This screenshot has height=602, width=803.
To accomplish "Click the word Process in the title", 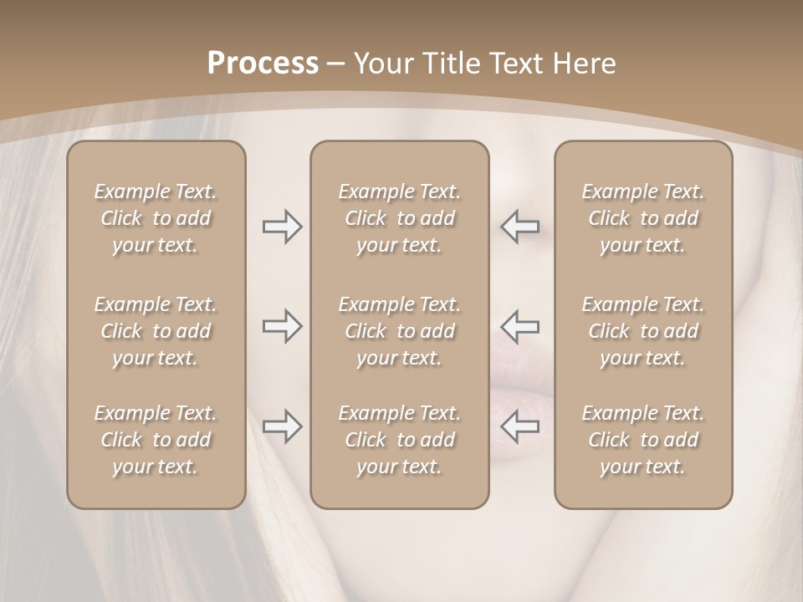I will (x=263, y=64).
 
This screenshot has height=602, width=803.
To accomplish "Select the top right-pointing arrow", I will (x=283, y=227).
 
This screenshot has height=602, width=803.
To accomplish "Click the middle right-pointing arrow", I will (x=283, y=326).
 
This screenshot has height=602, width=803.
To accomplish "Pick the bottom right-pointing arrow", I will (x=283, y=427).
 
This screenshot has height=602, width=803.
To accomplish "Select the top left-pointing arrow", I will (x=520, y=227).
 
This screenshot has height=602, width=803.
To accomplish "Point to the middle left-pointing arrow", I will (x=520, y=326).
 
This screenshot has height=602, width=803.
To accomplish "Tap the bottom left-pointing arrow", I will (x=520, y=427).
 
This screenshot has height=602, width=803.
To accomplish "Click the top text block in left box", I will (x=156, y=218).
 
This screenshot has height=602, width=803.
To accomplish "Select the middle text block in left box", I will (x=156, y=331).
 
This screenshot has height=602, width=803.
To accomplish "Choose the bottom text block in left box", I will (x=156, y=440).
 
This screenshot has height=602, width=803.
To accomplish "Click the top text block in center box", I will (x=399, y=218).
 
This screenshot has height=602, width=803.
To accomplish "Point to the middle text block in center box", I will (x=399, y=331).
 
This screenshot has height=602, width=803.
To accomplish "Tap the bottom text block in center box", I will (x=399, y=440).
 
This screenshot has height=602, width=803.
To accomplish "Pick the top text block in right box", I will (x=642, y=218).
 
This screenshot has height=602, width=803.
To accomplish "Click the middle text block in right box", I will (x=642, y=331).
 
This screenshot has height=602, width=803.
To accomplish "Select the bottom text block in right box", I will (x=642, y=440).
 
